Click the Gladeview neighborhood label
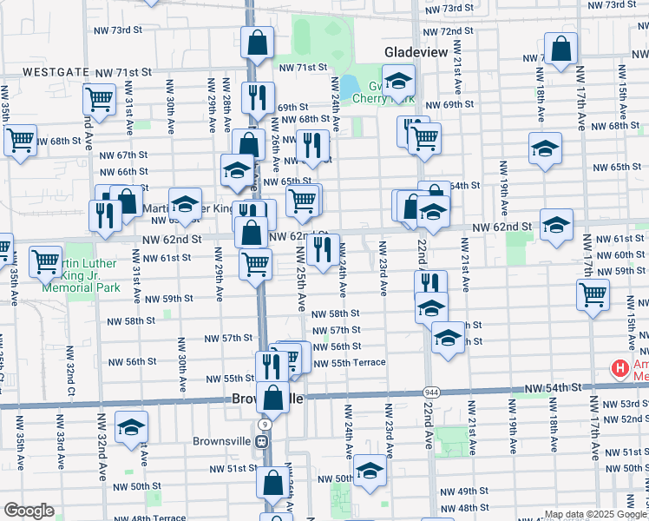click(x=416, y=53)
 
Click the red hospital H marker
click(x=619, y=369)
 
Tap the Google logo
click(x=29, y=511)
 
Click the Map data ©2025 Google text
click(x=594, y=514)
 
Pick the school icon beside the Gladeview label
click(x=398, y=82)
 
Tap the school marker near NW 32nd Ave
click(x=131, y=427)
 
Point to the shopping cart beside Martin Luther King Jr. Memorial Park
click(x=44, y=260)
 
